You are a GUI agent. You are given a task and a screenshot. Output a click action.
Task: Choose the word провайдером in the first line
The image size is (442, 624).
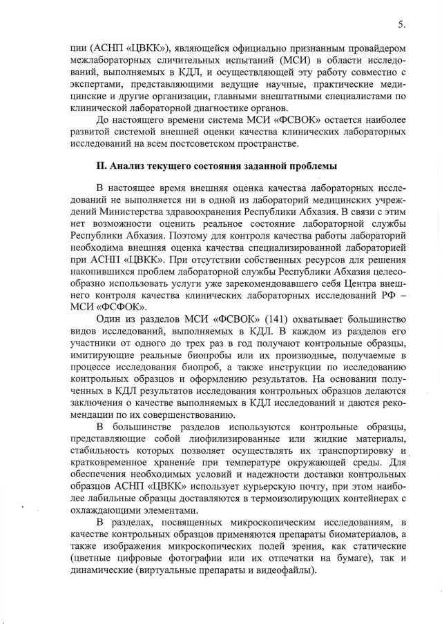tap(374, 50)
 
